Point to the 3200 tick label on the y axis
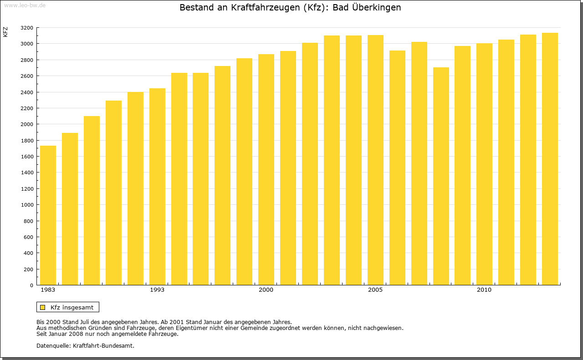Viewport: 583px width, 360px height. (x=27, y=28)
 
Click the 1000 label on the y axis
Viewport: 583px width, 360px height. (x=27, y=205)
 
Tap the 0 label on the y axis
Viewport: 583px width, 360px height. (x=31, y=285)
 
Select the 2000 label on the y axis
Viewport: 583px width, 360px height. (x=27, y=124)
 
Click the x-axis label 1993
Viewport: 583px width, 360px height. (x=157, y=290)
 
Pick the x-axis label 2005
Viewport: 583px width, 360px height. (x=375, y=290)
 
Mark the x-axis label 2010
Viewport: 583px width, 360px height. (x=484, y=290)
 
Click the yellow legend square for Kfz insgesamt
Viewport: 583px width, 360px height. (x=42, y=307)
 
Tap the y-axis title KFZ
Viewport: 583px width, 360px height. (x=5, y=32)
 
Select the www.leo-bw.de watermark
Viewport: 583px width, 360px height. (x=25, y=5)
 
